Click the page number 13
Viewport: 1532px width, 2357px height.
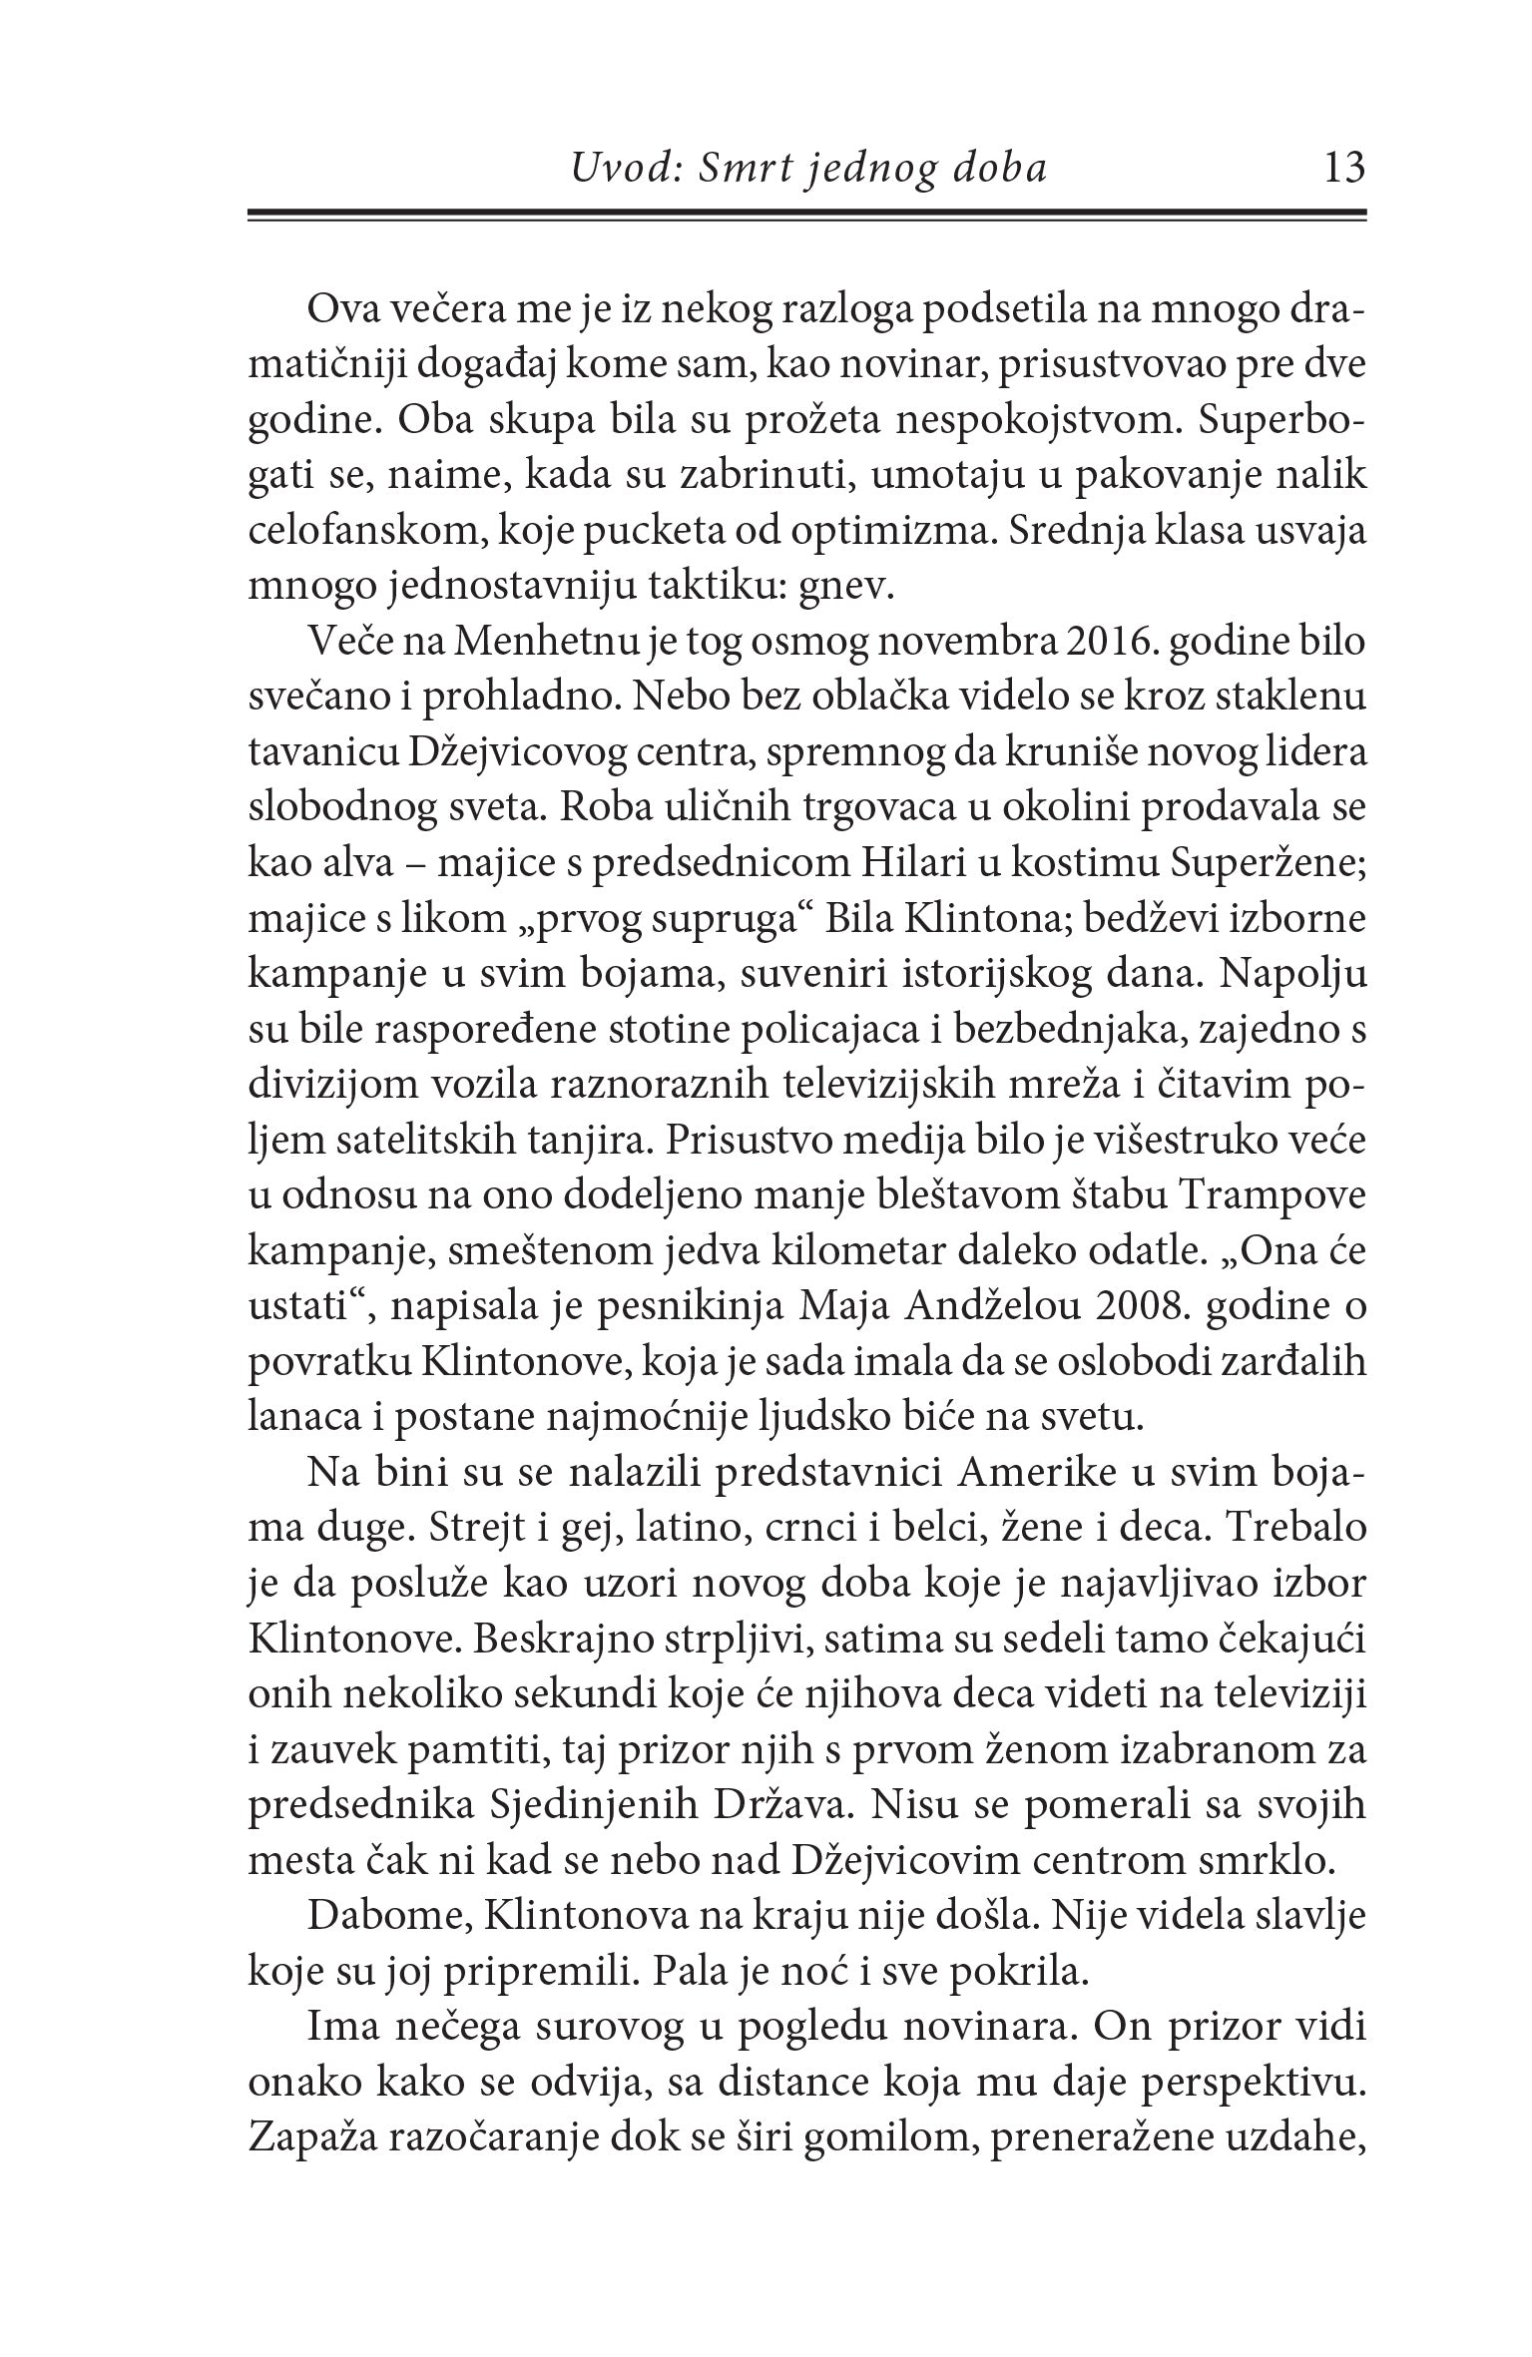coord(1341,168)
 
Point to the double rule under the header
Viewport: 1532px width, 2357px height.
coord(805,215)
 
